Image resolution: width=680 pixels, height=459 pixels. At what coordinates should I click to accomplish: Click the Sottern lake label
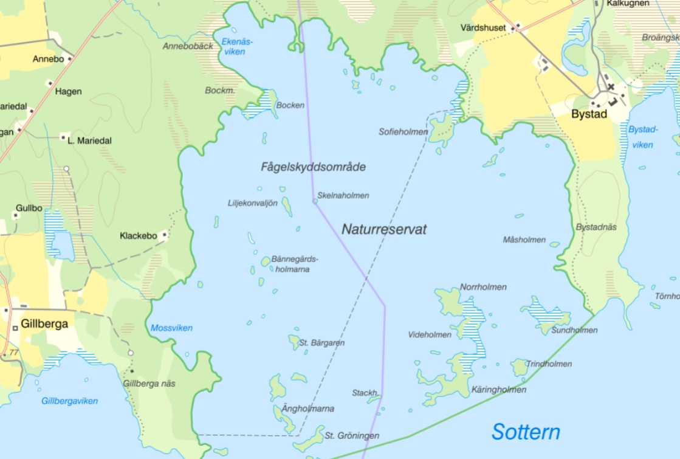pos(526,432)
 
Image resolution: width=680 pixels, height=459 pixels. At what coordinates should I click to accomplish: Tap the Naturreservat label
pos(383,229)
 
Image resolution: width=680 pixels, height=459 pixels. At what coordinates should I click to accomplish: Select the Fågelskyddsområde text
pos(313,167)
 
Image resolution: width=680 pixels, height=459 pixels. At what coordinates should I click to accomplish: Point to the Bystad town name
pos(589,114)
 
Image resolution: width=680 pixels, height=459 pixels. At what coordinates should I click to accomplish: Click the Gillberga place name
pos(44,323)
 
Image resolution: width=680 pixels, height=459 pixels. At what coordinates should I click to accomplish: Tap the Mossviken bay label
pos(171,328)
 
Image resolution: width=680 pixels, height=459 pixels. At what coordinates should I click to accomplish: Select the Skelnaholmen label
pos(343,196)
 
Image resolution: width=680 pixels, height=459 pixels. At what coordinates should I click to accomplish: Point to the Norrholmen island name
pos(483,287)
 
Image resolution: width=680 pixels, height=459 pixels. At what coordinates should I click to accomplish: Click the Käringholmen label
pos(499,390)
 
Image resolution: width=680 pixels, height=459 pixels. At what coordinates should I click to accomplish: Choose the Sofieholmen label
pos(403,131)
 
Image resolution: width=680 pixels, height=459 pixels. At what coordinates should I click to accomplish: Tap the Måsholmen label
pos(524,240)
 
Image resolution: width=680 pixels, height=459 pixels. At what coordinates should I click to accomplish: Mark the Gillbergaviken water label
pos(69,401)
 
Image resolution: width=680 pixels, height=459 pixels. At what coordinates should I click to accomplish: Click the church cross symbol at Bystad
pos(611,87)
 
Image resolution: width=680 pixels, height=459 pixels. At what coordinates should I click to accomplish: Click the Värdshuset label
pos(483,28)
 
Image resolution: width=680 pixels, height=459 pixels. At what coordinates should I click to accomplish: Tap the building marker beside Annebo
pos(70,59)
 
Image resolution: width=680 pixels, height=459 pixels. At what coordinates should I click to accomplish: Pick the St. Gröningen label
pos(352,436)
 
